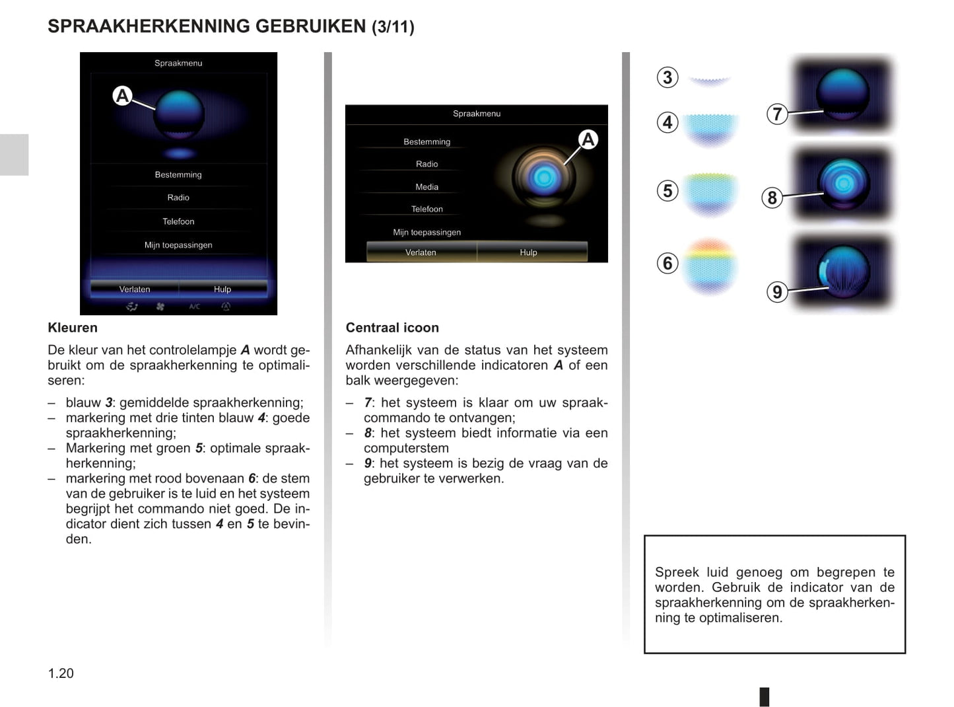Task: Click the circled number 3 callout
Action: coord(667,77)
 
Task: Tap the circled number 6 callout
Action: coord(667,263)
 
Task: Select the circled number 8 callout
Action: coord(772,198)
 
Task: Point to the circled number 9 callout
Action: coord(777,291)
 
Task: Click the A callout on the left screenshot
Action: coord(122,96)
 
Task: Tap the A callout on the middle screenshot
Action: coord(588,139)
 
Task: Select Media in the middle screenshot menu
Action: coord(426,187)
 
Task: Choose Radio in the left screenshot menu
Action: coord(178,198)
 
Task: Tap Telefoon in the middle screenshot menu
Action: coord(426,209)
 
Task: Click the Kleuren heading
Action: coord(73,328)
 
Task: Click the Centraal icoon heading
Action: coord(392,328)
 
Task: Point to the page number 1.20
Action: coord(61,673)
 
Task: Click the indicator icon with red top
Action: coord(709,266)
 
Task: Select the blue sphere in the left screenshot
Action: coord(179,114)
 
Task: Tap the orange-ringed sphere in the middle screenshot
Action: coord(543,177)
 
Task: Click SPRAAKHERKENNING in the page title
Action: coord(149,26)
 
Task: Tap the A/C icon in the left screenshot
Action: coord(194,307)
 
